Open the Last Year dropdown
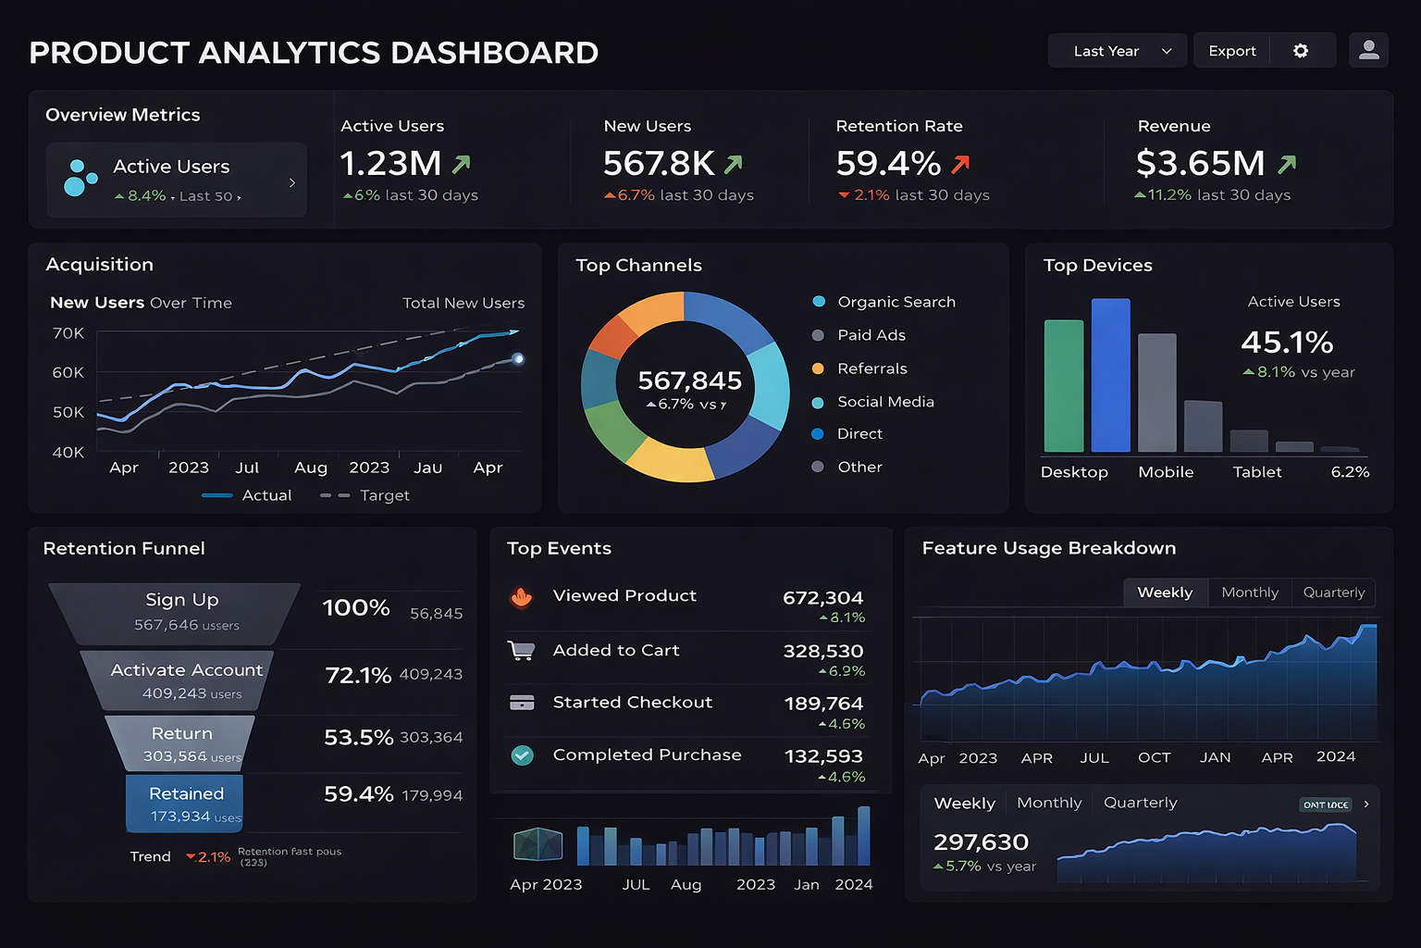(1120, 51)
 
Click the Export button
(1231, 51)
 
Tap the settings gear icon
(1301, 51)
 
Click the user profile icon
(1368, 51)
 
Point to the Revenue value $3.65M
(1200, 164)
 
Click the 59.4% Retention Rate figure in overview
(888, 164)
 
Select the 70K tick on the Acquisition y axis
(68, 333)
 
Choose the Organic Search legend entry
(896, 302)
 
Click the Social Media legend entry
(884, 402)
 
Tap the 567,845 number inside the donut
(689, 380)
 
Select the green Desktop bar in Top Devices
(1063, 385)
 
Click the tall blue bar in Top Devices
(1110, 375)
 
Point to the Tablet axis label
(1256, 472)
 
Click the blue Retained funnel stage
(185, 803)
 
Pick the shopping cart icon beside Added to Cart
(522, 651)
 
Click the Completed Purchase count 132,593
(822, 756)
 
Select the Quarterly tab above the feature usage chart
(1333, 592)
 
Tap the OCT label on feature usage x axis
(1154, 757)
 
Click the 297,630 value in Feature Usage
(981, 842)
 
